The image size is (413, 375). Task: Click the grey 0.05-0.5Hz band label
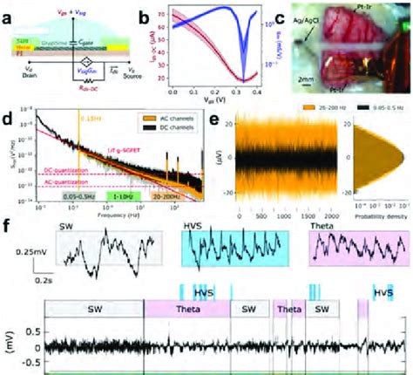point(78,198)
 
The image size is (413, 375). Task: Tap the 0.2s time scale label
point(35,280)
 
